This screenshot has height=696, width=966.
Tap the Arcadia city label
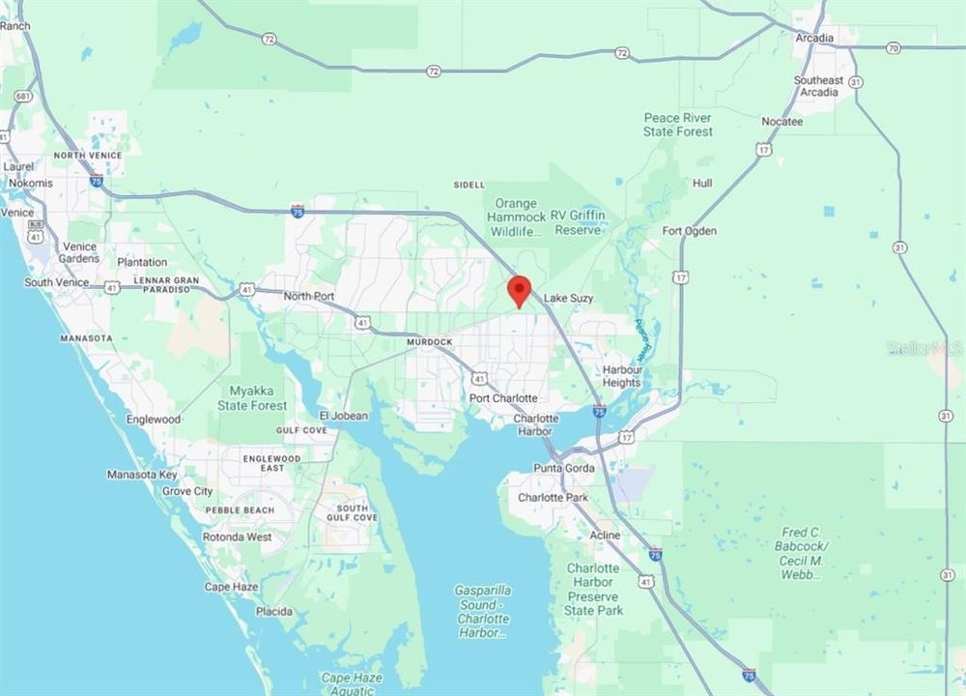[x=815, y=39]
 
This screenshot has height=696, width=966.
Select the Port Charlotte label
[x=503, y=398]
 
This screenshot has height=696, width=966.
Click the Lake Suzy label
[x=568, y=299]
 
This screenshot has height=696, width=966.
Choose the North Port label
[x=309, y=296]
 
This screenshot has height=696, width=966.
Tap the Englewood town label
[x=153, y=420]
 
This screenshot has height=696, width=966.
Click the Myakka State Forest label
[x=258, y=398]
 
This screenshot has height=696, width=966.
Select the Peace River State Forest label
[x=678, y=125]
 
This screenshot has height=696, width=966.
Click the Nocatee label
[x=781, y=122]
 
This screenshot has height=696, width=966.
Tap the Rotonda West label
[x=237, y=536]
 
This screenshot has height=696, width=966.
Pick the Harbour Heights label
[x=622, y=377]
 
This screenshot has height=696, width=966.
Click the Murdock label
[x=430, y=342]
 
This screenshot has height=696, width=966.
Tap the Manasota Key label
[x=142, y=475]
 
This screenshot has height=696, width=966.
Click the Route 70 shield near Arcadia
[x=893, y=46]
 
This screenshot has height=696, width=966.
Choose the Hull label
[x=702, y=183]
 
